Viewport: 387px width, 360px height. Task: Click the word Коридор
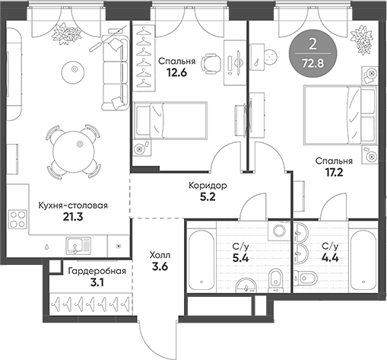click(208, 185)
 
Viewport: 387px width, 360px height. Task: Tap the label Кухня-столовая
click(73, 205)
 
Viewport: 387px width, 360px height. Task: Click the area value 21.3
click(73, 218)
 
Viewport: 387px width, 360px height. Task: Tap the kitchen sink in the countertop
click(76, 245)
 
